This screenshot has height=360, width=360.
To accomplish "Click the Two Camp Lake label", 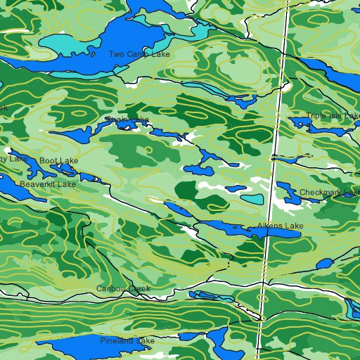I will [139, 54].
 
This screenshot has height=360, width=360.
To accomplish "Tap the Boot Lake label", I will [58, 161].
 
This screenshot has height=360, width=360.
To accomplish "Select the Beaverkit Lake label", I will [47, 184].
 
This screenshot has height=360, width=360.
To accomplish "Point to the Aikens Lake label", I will [280, 226].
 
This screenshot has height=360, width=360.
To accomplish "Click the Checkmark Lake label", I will [329, 193].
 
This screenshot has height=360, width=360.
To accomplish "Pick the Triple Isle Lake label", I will [333, 116].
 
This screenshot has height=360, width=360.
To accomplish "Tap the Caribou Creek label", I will [123, 289].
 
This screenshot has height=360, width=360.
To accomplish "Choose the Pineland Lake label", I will [127, 341].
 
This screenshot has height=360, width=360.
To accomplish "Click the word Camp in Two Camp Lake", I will [139, 54].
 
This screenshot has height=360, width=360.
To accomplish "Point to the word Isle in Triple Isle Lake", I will [334, 116].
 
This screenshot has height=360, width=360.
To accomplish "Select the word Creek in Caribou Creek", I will [139, 289].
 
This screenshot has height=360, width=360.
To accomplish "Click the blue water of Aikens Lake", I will [232, 226].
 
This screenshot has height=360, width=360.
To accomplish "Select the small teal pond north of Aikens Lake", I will [252, 199].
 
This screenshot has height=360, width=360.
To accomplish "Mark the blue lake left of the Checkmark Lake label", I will [286, 190].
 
